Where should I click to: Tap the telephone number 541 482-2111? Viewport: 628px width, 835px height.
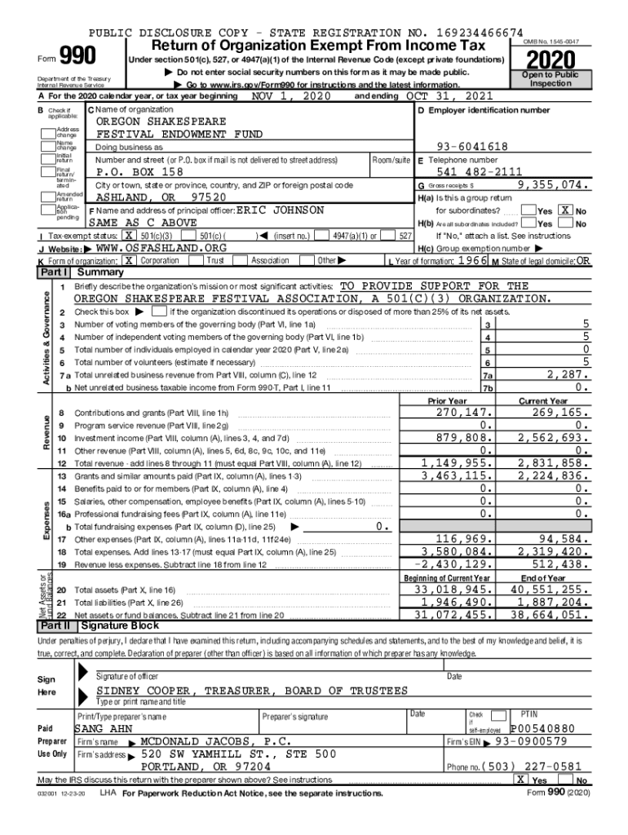(x=480, y=172)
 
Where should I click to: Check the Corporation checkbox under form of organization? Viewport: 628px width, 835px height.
(x=129, y=260)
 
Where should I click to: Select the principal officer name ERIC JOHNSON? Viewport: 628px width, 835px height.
(x=280, y=210)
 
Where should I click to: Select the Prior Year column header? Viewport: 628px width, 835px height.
(x=447, y=401)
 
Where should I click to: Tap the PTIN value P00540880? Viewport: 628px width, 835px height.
(x=543, y=729)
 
